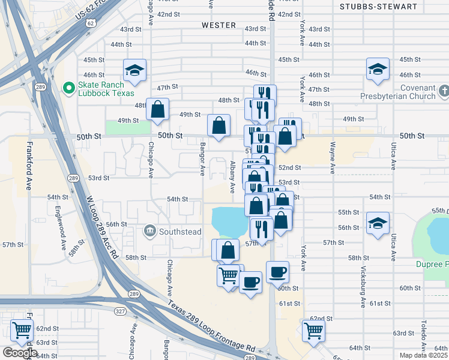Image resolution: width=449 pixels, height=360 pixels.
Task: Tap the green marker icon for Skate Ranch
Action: [68, 89]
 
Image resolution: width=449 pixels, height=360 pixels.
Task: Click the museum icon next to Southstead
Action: [149, 230]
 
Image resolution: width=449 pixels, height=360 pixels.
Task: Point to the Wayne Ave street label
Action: [331, 159]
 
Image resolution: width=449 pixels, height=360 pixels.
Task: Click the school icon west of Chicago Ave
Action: [135, 71]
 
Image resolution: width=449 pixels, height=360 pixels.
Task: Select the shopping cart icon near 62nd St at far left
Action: [22, 330]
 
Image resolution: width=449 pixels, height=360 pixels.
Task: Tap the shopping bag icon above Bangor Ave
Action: [219, 125]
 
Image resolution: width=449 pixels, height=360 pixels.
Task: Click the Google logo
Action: [20, 353]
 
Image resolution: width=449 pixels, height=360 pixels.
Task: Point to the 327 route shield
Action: [120, 311]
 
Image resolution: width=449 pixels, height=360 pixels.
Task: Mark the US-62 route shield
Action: [90, 23]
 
